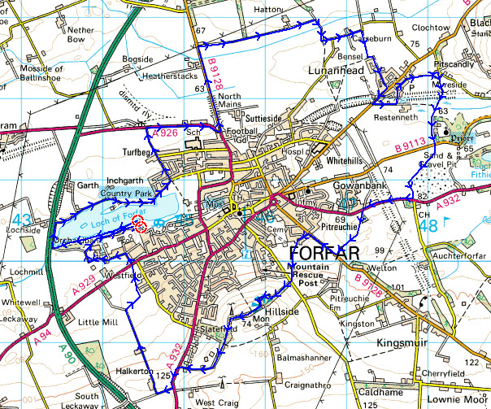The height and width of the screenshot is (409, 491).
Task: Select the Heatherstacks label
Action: pos(169,76)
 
